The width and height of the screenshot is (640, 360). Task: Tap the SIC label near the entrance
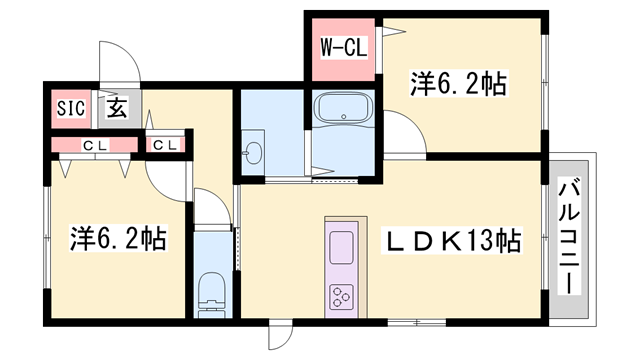coord(69,109)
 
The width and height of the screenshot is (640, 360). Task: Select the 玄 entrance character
coord(116,109)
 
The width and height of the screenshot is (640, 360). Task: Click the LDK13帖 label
coord(454,241)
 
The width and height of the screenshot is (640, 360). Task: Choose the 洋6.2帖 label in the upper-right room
coord(458,84)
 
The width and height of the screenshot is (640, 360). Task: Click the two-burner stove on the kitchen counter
coord(342,296)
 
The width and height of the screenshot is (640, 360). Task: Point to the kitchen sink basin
coord(341,245)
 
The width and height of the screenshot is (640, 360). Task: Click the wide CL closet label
coord(95,146)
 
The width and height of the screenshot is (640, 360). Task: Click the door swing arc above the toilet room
coord(210,207)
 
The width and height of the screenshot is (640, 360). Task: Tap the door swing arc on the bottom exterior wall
coord(283,337)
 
